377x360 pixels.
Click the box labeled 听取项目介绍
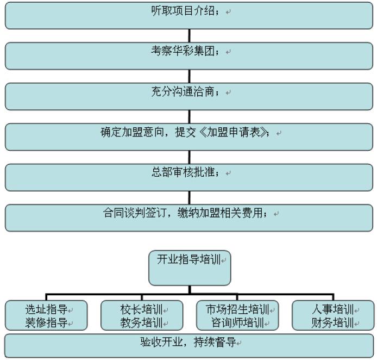(188, 15)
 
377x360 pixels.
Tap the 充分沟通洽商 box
(188, 96)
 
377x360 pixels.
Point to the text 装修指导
(46, 322)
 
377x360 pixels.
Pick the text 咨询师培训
(237, 322)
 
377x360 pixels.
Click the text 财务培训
(332, 322)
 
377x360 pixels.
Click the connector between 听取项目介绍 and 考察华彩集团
(188, 35)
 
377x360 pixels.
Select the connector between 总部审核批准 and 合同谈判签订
(188, 197)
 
